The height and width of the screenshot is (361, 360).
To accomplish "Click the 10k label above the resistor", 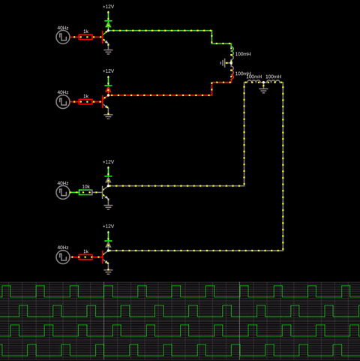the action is [x=86, y=187].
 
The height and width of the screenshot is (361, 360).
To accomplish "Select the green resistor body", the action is [x=85, y=192].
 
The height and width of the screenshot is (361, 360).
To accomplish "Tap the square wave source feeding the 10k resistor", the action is [x=63, y=192].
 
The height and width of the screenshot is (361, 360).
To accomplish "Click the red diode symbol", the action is [x=108, y=89].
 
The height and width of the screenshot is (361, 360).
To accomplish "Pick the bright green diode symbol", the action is [x=108, y=24].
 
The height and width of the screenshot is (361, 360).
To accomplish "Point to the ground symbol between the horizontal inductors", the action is [x=263, y=89].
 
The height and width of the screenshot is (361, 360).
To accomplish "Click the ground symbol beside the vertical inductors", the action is [x=223, y=63].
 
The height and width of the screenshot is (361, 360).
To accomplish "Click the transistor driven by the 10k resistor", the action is [x=105, y=192].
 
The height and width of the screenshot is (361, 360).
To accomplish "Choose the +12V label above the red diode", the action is [x=108, y=71].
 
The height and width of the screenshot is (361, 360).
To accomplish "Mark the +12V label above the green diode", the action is [x=108, y=7].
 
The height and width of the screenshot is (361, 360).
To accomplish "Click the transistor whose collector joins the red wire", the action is [x=105, y=101].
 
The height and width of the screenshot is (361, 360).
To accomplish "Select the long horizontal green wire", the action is [x=160, y=31].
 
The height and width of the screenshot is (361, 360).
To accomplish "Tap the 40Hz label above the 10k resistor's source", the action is [x=63, y=183].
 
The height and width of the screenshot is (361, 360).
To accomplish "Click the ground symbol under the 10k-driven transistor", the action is [x=108, y=206].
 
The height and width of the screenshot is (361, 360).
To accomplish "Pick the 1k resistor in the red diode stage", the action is [x=85, y=101].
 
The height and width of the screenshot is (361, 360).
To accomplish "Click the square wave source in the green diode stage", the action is [x=63, y=37].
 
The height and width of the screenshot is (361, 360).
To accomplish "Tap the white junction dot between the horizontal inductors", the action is [x=263, y=83].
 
